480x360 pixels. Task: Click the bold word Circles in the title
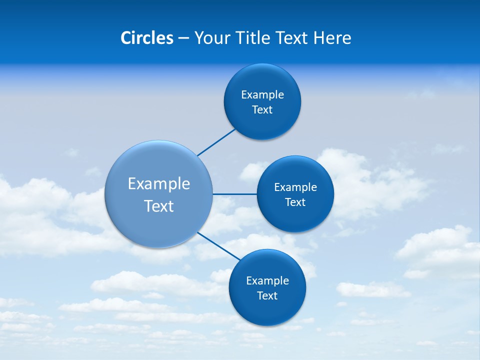pos(146,38)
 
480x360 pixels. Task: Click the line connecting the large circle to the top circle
pos(217,142)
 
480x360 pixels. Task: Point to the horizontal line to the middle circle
pos(234,194)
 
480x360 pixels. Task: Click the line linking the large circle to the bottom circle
pos(219,245)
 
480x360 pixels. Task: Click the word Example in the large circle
pos(159,183)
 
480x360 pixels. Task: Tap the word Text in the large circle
pos(159,206)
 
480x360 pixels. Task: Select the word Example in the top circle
pos(262,94)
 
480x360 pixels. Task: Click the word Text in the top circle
pos(262,109)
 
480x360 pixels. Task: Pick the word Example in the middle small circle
pos(295,187)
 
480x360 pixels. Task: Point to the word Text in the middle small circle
pos(295,202)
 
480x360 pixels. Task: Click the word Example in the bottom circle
pos(267,280)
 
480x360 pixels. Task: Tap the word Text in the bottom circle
pos(267,295)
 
